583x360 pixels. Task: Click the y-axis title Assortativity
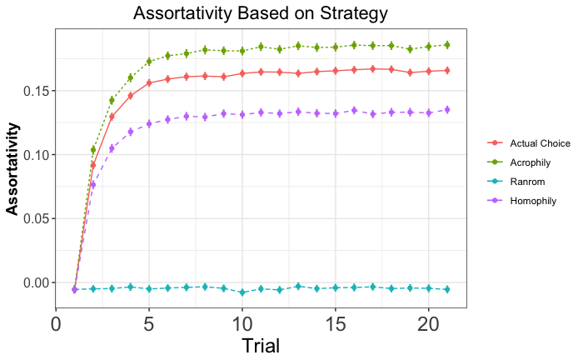(x=13, y=167)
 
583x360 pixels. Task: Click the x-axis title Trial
(x=261, y=345)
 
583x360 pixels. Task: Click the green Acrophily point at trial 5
(x=149, y=62)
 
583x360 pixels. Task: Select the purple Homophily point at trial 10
(x=242, y=114)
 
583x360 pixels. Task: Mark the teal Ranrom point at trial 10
(x=242, y=292)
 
